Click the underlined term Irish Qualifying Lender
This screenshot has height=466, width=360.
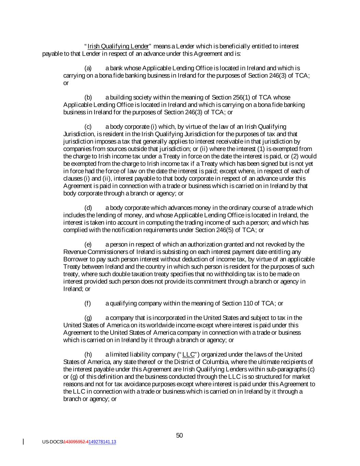click(118, 46)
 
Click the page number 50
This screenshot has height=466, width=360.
click(179, 435)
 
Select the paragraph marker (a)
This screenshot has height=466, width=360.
click(88, 68)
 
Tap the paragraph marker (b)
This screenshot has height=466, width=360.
click(88, 98)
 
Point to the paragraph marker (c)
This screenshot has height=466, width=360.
click(88, 127)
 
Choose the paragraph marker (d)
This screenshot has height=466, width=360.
click(88, 208)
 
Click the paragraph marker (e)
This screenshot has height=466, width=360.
click(88, 244)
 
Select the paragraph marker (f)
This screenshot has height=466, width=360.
click(88, 303)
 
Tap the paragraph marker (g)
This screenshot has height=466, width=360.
click(88, 318)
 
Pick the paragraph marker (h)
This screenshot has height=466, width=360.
click(88, 354)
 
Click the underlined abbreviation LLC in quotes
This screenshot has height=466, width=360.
click(188, 354)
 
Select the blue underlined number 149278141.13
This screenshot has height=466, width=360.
click(102, 442)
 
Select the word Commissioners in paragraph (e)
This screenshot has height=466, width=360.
click(107, 252)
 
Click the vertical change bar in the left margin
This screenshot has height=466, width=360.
click(23, 441)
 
